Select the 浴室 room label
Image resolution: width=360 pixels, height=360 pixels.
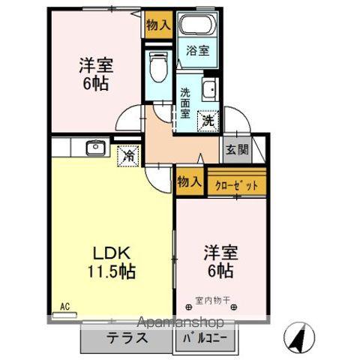click(198, 52)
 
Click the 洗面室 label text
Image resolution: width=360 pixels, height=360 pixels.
click(186, 103)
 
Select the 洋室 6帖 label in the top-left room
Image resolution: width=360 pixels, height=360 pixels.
click(94, 73)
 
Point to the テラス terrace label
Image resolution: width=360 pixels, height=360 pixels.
click(125, 338)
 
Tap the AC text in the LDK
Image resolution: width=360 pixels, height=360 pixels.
click(64, 306)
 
